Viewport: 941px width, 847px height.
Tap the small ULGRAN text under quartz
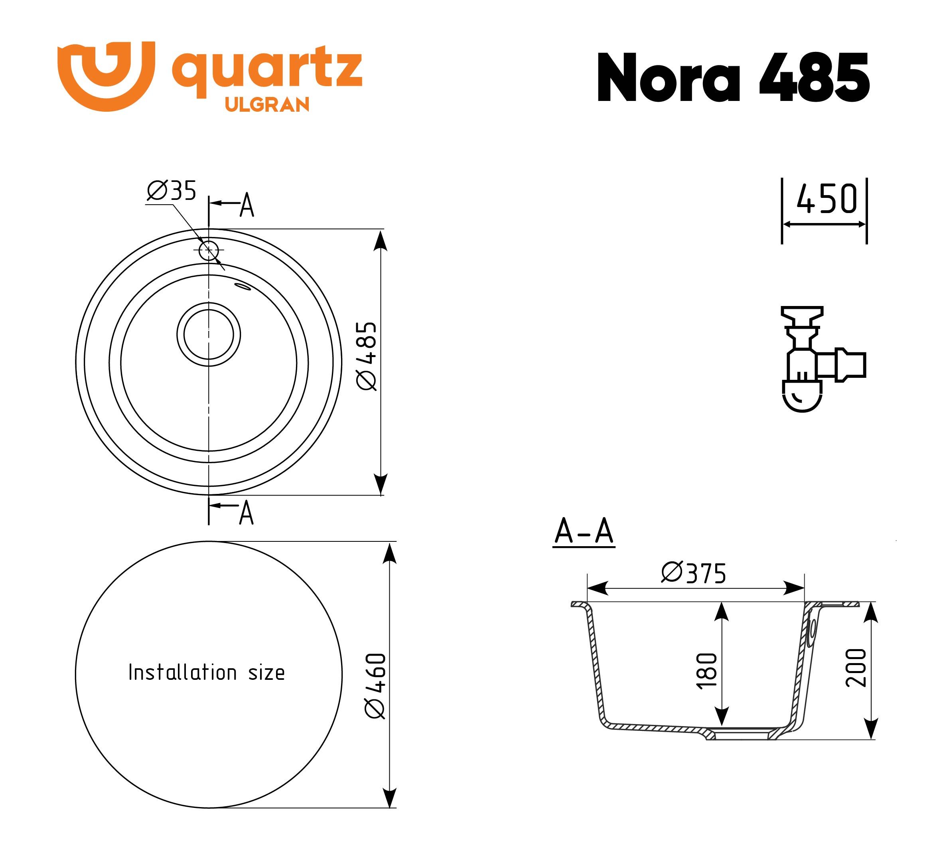(x=267, y=105)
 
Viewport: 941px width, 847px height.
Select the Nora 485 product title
(x=733, y=77)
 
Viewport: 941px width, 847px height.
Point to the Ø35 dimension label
(x=171, y=190)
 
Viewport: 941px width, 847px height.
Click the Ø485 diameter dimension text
(x=366, y=355)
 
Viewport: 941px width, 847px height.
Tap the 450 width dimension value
(x=827, y=199)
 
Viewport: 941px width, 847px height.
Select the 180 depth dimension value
(x=707, y=671)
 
